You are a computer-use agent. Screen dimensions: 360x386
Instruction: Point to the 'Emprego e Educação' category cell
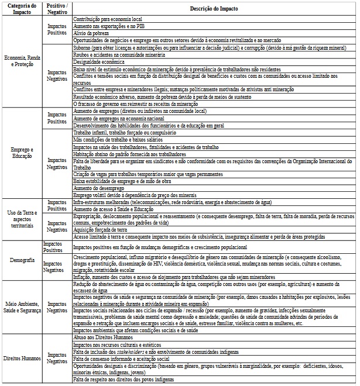(22, 153)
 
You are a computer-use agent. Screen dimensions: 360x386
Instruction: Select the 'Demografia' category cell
(22, 259)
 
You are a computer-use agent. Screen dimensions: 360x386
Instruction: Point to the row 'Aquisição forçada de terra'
(100, 230)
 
